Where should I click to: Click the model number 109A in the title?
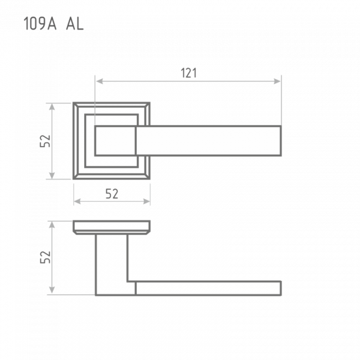tap(40, 24)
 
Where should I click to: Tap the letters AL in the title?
tap(75, 24)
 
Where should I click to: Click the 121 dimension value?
tap(189, 73)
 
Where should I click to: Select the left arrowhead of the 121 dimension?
tap(99, 81)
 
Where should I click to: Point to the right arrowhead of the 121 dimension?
tap(277, 81)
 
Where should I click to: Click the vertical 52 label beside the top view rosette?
tap(45, 141)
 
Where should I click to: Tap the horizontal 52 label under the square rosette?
tap(112, 194)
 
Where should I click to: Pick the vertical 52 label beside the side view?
tap(45, 257)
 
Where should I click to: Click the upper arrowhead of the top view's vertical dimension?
tap(52, 107)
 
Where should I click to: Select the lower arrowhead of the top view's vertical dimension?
tap(52, 176)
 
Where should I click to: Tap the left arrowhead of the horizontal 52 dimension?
tap(77, 202)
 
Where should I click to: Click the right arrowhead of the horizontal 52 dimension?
tap(147, 202)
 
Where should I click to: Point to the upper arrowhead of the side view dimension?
tap(52, 225)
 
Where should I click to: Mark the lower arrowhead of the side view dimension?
tap(52, 290)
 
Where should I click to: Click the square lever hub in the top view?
tap(116, 141)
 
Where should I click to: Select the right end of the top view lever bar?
tap(281, 141)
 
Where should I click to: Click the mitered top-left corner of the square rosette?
tap(76, 105)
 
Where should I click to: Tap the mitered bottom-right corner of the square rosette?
tap(147, 177)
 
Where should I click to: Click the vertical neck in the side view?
tap(111, 265)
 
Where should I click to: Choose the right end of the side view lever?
tap(281, 288)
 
